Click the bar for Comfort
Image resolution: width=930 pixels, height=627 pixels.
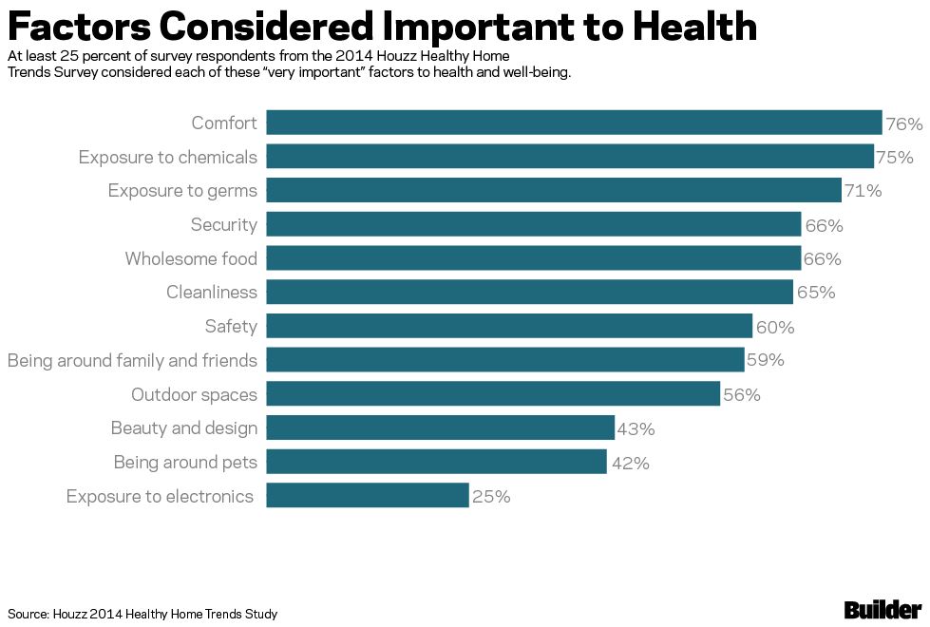574,123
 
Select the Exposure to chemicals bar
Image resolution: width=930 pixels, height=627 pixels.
570,157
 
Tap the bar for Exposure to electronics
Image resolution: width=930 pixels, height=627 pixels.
368,496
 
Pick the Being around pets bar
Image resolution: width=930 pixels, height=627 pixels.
436,462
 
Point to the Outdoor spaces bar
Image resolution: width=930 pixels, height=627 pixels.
493,393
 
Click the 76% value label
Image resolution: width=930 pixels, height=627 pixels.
904,124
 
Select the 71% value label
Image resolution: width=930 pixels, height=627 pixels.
864,191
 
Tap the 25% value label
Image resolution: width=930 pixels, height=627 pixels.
491,497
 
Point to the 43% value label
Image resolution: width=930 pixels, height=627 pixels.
636,429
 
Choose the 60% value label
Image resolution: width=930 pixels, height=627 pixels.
775,328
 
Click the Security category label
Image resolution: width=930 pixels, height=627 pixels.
224,225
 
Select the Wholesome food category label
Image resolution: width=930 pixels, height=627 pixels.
191,258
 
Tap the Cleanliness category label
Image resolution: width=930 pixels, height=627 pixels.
212,293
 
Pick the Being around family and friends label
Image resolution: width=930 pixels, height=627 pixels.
132,361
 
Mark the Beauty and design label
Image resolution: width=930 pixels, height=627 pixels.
184,428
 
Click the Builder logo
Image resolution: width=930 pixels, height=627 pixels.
883,610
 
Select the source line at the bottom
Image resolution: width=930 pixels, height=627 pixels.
142,614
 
